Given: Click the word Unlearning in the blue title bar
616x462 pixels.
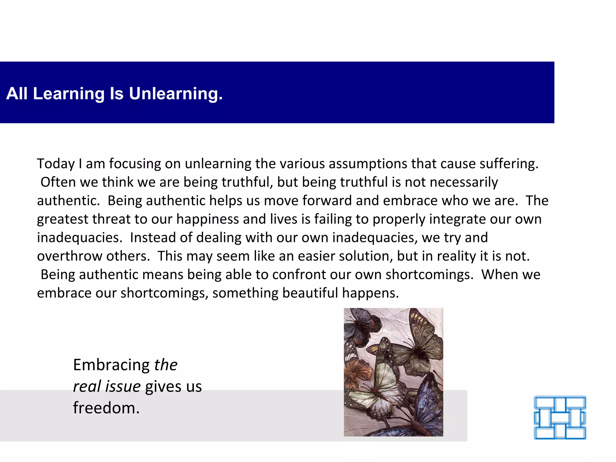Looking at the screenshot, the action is [176, 94].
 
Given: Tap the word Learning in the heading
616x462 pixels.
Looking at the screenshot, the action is [69, 94].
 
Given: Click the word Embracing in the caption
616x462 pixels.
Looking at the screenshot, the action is [111, 365].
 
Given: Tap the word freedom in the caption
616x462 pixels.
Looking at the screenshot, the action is [106, 408].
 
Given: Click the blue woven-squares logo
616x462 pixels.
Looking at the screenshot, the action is [560, 417].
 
